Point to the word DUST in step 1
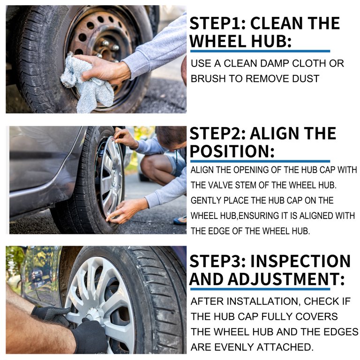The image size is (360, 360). [x=305, y=79]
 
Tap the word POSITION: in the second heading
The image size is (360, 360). [x=232, y=151]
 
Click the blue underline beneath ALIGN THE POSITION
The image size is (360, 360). [x=260, y=161]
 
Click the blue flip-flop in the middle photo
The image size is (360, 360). [x=180, y=220]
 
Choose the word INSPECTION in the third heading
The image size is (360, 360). [x=300, y=261]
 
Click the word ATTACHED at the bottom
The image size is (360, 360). [x=285, y=347]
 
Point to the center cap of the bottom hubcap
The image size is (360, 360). [x=95, y=314]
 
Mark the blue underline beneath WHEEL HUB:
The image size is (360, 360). [x=260, y=51]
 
